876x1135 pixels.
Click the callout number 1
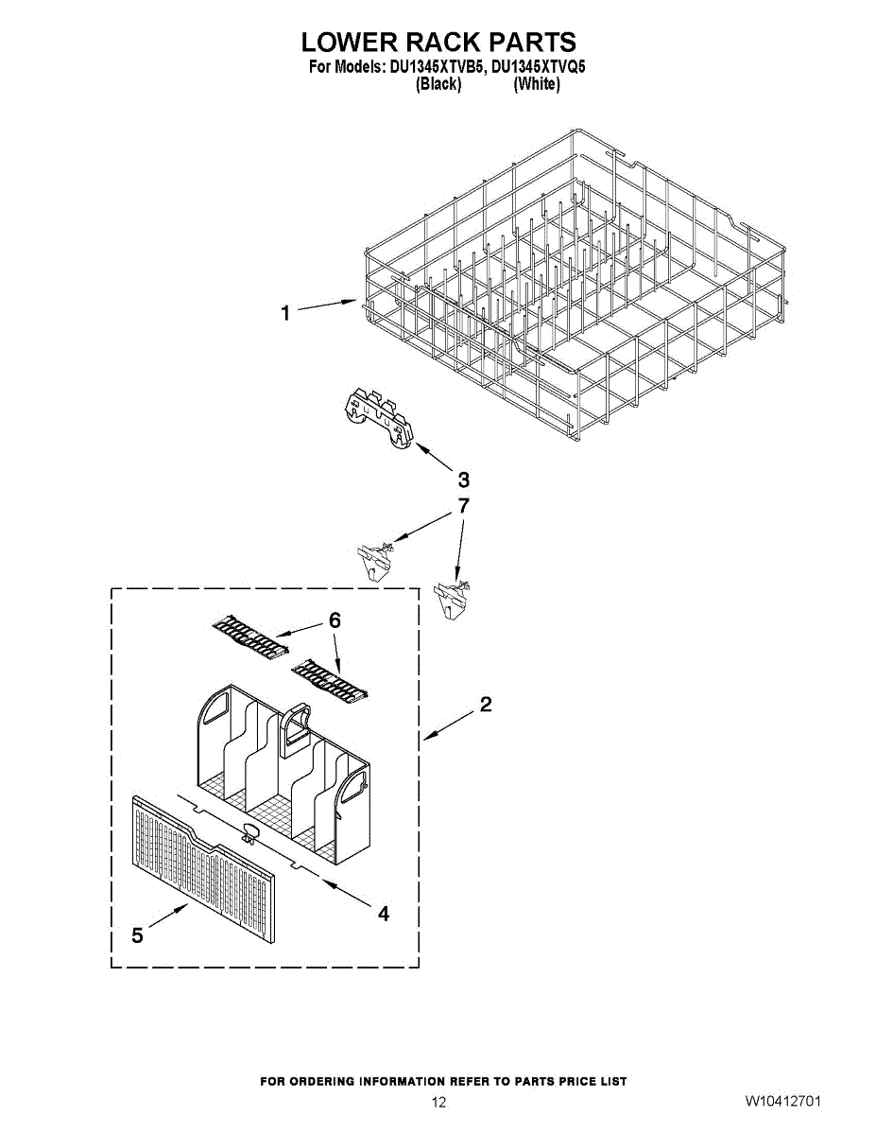point(285,314)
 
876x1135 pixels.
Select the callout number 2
point(485,705)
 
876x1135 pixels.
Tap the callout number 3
point(463,479)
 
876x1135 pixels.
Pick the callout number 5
point(138,935)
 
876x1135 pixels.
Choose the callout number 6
point(335,620)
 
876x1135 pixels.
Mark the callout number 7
point(463,506)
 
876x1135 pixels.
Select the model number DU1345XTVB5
point(439,68)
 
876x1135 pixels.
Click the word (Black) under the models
point(438,84)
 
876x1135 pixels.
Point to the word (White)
point(536,84)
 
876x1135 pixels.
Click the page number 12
point(438,1102)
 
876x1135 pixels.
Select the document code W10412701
point(782,1102)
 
